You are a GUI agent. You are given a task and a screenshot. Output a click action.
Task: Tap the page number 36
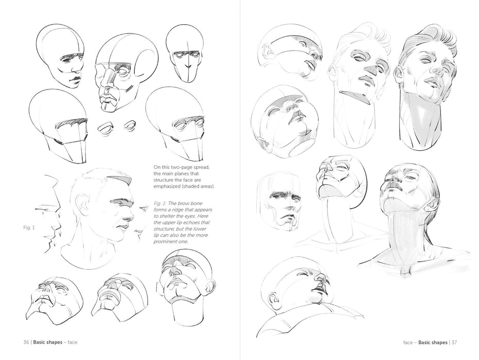pyautogui.click(x=26, y=342)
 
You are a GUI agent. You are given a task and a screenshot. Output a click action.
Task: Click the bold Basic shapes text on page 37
pyautogui.click(x=433, y=342)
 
